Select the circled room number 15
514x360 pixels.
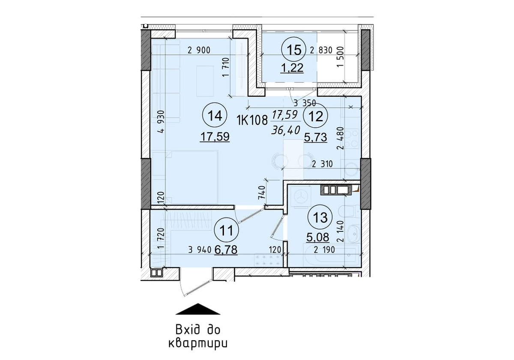pos(293,50)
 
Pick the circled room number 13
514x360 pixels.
pos(320,217)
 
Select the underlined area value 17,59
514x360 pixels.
pos(215,136)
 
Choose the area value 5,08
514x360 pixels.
pos(317,236)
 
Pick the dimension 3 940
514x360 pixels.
pos(200,251)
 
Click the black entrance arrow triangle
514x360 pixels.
pos(197,309)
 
